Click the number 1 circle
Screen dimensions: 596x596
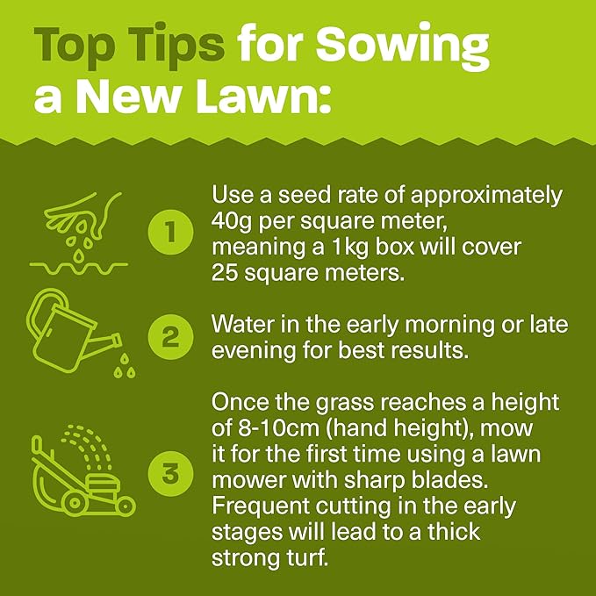coord(168,233)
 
